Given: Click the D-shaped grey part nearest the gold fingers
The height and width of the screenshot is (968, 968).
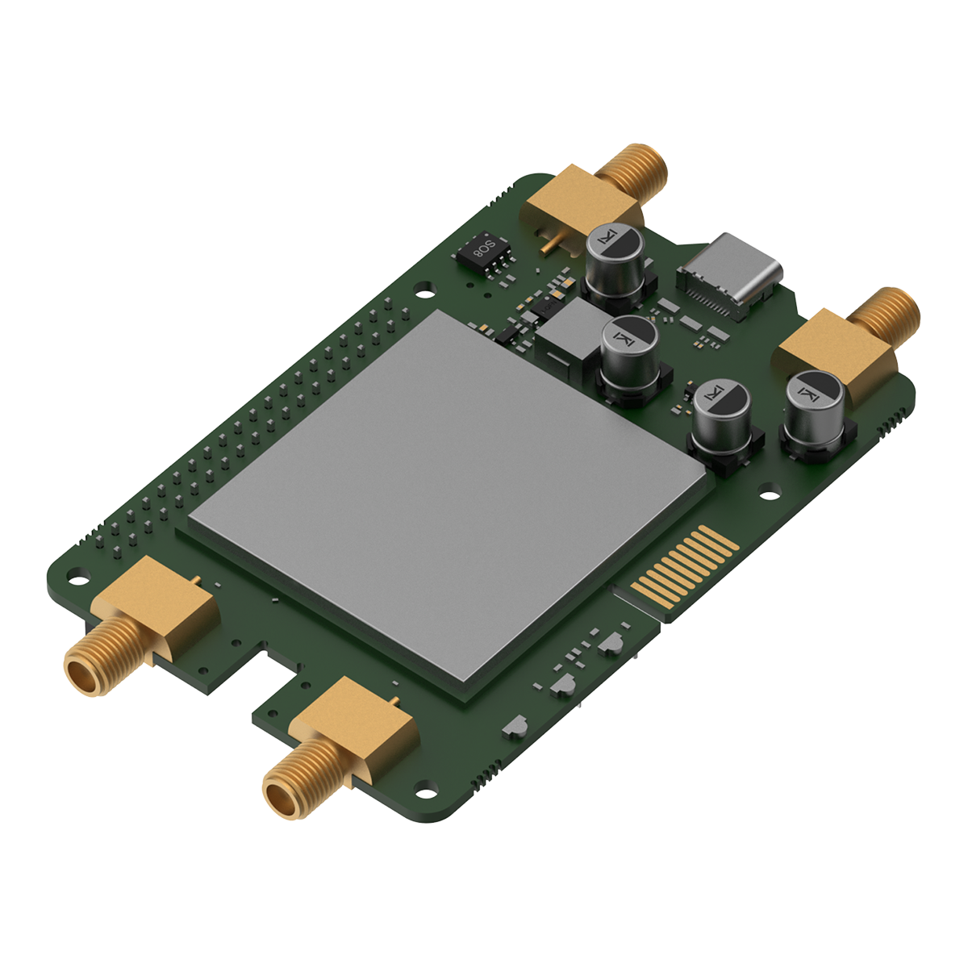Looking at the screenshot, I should [610, 643].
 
